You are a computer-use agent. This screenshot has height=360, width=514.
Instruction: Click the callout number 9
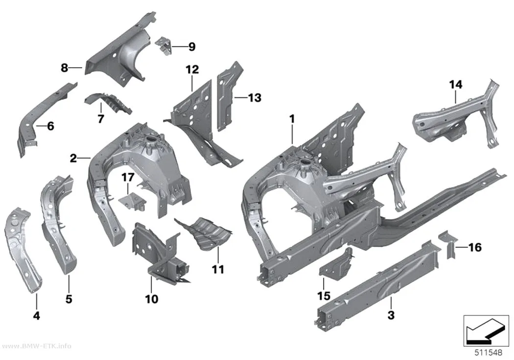[x=192, y=47]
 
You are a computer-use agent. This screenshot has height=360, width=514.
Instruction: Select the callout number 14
[x=456, y=85]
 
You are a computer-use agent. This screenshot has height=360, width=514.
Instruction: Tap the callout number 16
[x=475, y=247]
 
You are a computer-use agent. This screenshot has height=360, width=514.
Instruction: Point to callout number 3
[x=391, y=315]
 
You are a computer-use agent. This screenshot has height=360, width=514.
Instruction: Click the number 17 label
[x=128, y=177]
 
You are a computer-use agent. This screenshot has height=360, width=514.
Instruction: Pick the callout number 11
[x=218, y=269]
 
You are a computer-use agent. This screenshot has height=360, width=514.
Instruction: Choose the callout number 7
[x=101, y=119]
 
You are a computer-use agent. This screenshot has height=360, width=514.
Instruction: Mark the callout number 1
[x=292, y=119]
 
